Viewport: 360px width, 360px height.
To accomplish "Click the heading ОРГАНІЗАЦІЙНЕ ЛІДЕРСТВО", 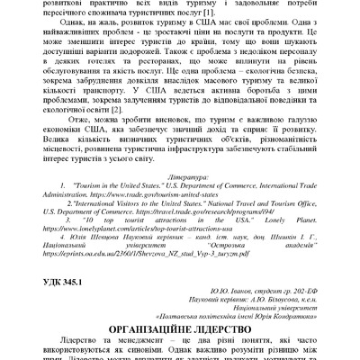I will tap(180, 329).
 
